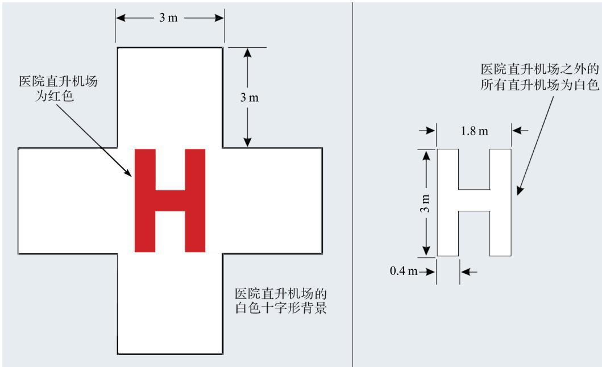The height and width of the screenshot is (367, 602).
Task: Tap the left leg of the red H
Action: pos(145,201)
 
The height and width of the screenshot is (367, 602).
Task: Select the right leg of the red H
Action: pos(195,201)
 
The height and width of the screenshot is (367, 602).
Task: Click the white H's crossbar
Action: pos(474,200)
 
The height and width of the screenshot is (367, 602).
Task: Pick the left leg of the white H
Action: pos(447,202)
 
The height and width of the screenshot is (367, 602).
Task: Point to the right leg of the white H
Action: pos(501,202)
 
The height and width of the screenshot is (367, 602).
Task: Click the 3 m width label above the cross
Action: pos(168,18)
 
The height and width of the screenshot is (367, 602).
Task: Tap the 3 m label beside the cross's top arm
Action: pos(250,98)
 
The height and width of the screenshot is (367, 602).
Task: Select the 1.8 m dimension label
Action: pos(475,131)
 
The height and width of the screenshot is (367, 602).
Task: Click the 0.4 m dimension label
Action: pos(404,271)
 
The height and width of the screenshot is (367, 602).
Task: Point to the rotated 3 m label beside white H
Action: pos(425,203)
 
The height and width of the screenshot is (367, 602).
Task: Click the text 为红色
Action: pos(55,96)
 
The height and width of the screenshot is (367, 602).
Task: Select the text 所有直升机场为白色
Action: pos(539,85)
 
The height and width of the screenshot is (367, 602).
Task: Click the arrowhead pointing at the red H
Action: pos(128,172)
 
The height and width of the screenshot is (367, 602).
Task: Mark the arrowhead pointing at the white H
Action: pos(520,190)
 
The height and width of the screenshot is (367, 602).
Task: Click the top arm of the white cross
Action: pos(170,98)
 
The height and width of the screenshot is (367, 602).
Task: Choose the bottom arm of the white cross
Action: pos(170,304)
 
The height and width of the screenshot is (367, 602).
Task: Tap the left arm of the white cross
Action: pos(68,201)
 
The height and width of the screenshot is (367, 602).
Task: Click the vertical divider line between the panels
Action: pos(352,183)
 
